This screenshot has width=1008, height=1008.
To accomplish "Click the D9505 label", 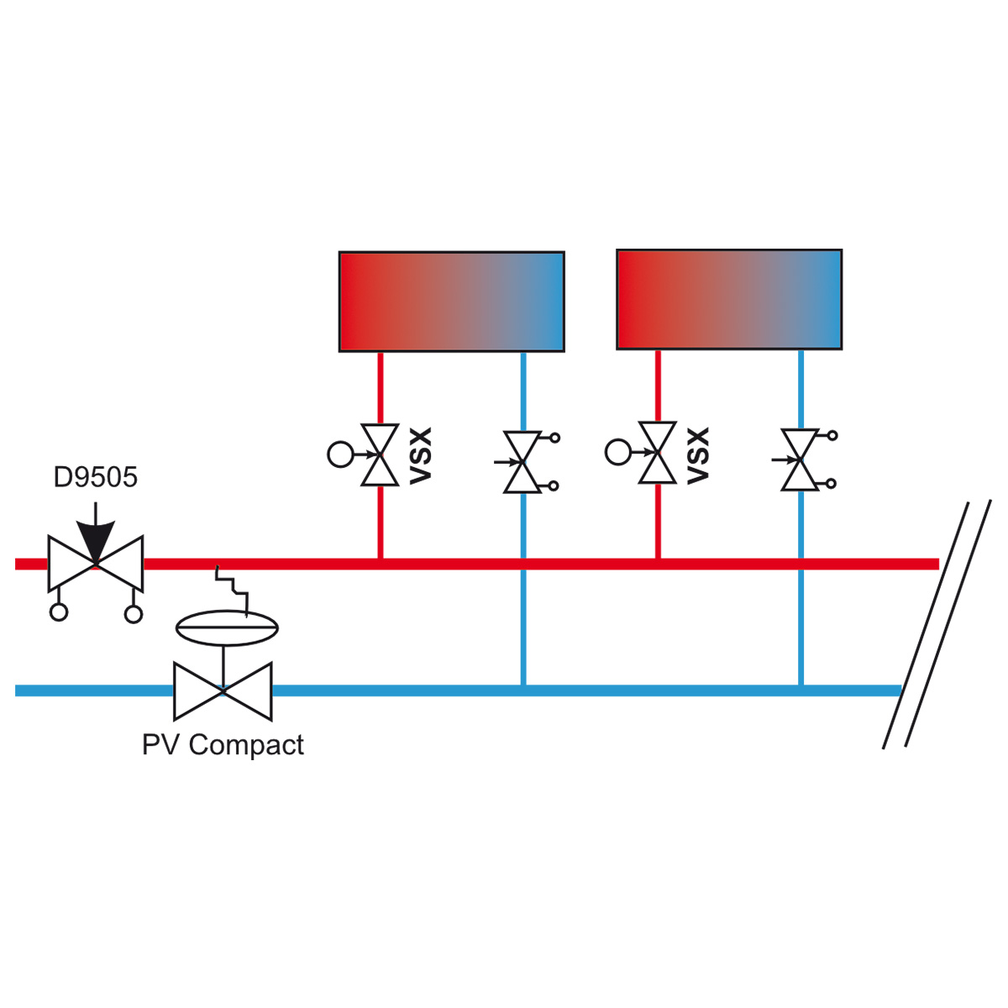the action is [x=96, y=477].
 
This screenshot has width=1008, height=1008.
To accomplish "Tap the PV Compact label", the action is [x=223, y=745].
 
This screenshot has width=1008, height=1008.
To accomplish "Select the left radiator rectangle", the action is [x=452, y=302].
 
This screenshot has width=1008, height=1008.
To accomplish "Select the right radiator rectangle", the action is [x=730, y=299].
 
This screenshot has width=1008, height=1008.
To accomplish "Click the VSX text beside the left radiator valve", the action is [x=421, y=455].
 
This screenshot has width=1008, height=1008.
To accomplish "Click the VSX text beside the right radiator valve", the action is [x=698, y=455].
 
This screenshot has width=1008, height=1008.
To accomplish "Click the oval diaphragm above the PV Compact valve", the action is [x=227, y=627].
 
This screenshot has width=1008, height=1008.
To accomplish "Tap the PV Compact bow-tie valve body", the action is [x=223, y=691].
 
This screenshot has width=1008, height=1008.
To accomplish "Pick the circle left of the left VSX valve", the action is [x=340, y=454].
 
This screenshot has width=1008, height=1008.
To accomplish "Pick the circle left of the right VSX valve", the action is [x=618, y=452].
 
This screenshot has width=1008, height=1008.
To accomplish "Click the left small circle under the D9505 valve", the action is [x=59, y=612].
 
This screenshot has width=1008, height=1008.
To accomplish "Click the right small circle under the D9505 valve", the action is [x=134, y=614].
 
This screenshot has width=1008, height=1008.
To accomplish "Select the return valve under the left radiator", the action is [x=523, y=462].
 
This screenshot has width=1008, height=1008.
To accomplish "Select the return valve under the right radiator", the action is [x=801, y=459].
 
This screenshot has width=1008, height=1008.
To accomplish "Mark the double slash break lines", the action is [x=937, y=625].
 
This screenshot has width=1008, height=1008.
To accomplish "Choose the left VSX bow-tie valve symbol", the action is [x=381, y=454].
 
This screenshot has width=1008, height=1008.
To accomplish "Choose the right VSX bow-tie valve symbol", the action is [x=658, y=452].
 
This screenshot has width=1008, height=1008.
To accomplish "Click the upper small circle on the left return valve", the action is [x=555, y=438].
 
